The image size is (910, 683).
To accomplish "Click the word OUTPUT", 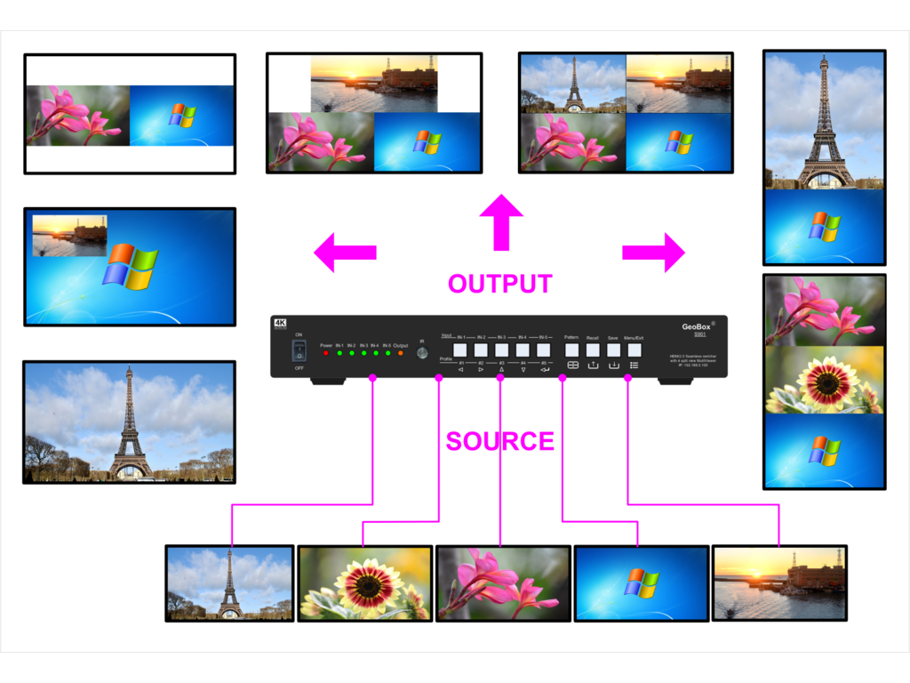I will click(x=499, y=284).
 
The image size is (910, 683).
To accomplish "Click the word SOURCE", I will click(x=499, y=441).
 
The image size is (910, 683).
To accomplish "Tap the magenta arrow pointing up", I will click(x=501, y=221).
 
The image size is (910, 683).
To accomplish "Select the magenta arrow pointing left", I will click(x=345, y=252).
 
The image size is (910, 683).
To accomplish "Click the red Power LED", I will click(x=326, y=353).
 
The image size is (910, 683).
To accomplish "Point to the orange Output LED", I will click(x=400, y=353).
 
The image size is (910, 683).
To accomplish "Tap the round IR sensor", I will click(x=422, y=353).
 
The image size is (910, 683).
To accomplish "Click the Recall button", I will click(x=593, y=350).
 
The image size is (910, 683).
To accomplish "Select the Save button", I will click(x=613, y=350).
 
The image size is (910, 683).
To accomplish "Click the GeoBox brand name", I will click(x=697, y=326).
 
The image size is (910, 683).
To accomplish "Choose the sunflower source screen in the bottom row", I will click(x=364, y=583).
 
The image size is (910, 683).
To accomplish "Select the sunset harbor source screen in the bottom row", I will click(x=779, y=583).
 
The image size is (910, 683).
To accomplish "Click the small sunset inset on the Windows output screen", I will click(x=69, y=235).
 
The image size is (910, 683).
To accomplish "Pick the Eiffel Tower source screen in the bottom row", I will click(x=229, y=583).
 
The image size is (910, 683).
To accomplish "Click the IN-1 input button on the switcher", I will click(x=461, y=350).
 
